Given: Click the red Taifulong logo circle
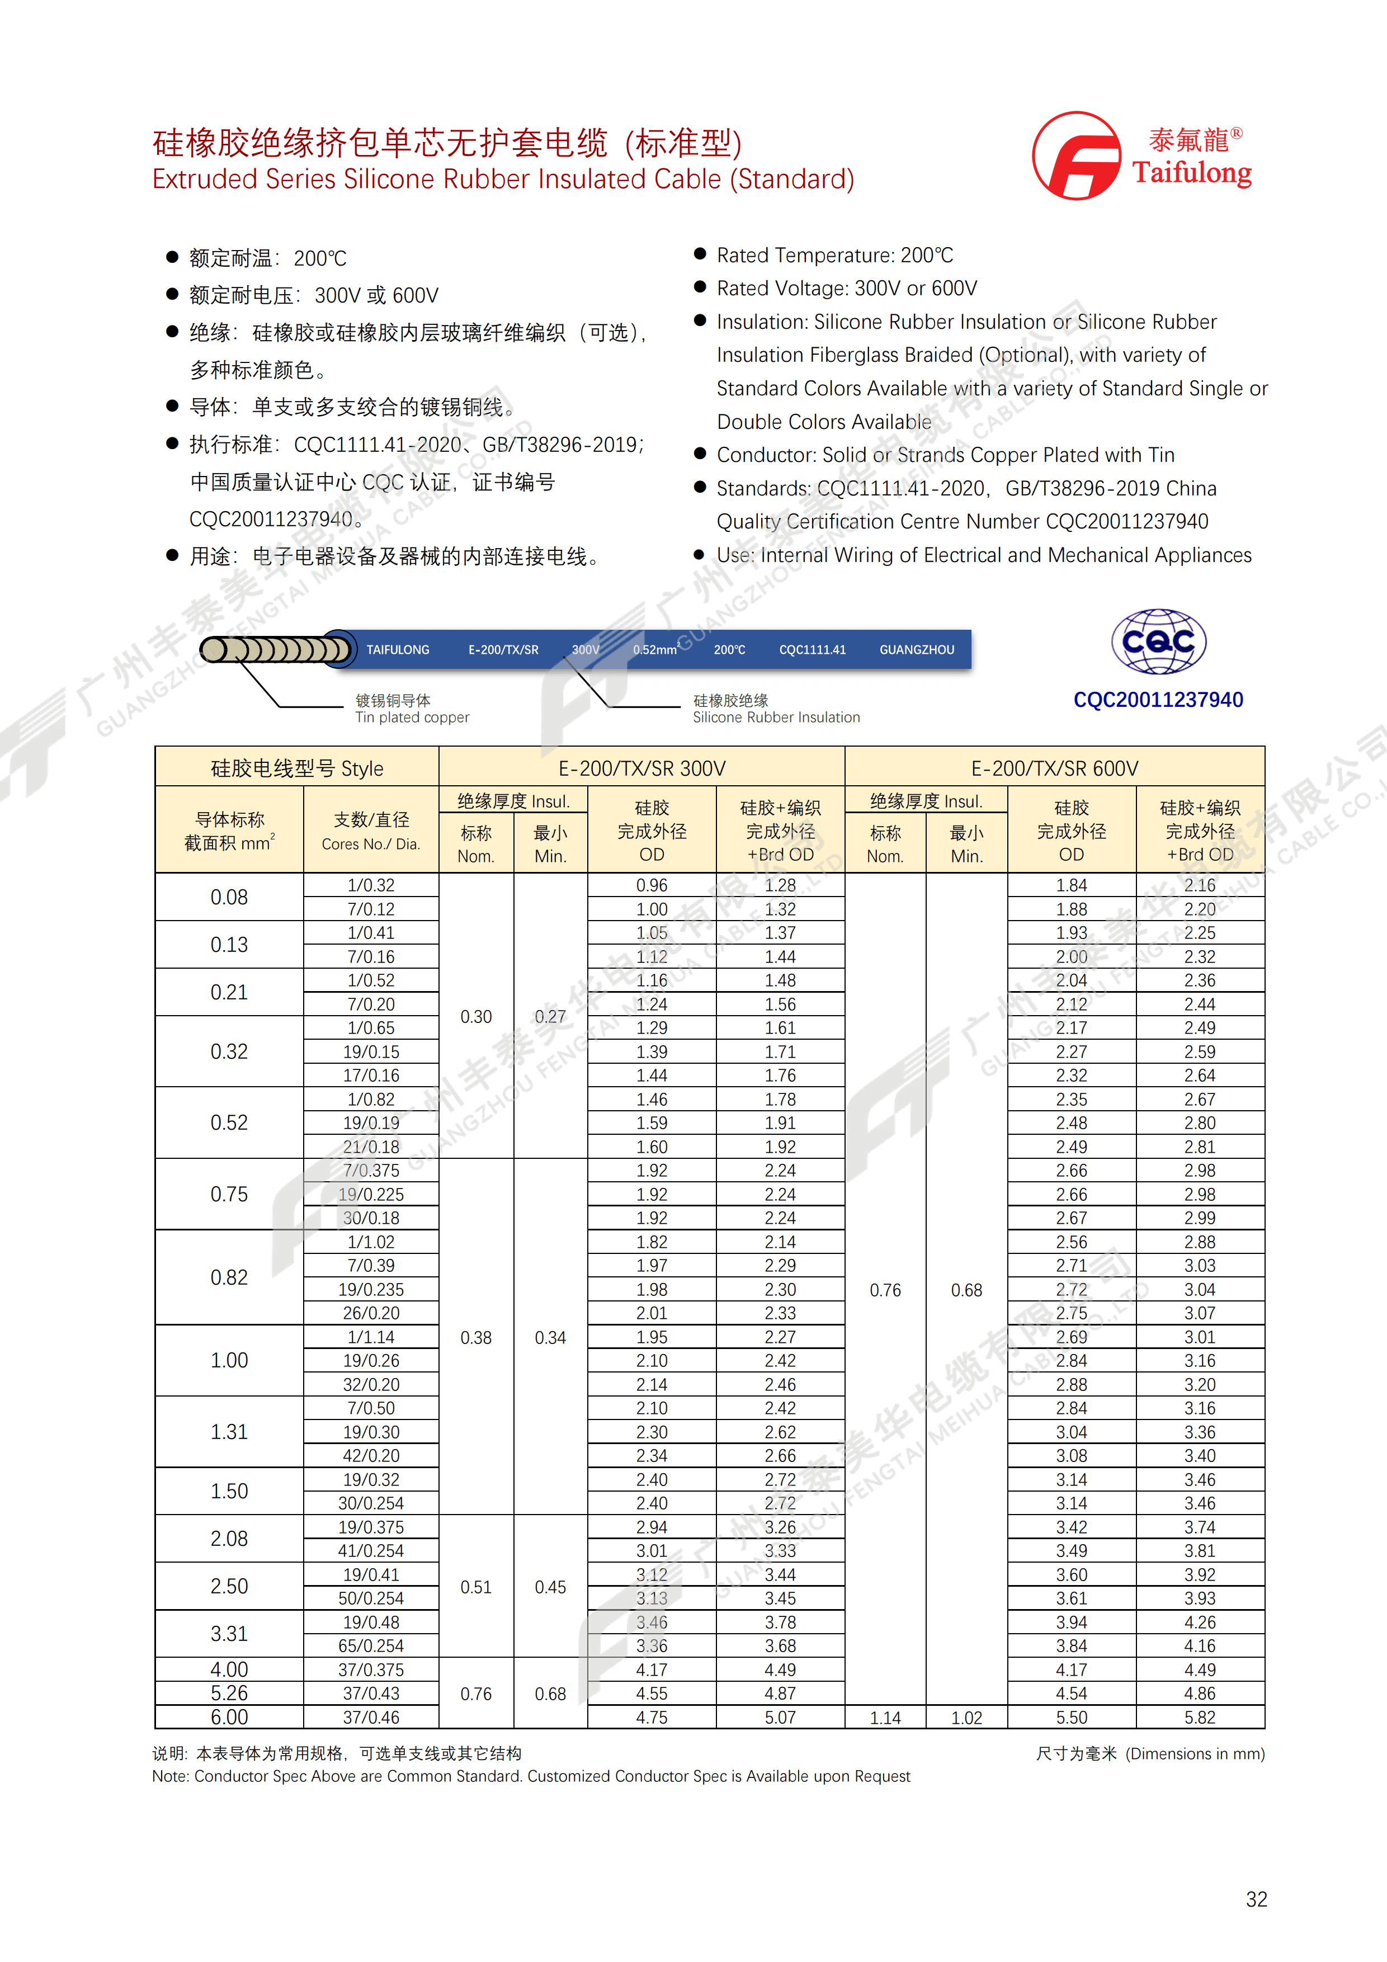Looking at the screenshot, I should [1076, 155].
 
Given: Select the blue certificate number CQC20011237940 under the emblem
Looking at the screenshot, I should [1158, 700].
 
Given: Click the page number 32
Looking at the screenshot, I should [1256, 1899].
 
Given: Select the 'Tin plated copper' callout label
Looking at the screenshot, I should [412, 717].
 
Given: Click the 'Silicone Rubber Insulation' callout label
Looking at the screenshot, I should [776, 717].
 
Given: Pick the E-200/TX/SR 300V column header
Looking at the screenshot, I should [642, 768].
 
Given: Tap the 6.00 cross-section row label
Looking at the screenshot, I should [229, 1717].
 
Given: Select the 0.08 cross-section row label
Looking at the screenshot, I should [229, 897].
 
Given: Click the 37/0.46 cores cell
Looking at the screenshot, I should [371, 1717].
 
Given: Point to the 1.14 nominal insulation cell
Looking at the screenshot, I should [885, 1718].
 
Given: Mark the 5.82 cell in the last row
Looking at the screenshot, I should [1200, 1718].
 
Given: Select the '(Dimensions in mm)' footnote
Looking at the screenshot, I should [1195, 1753].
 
